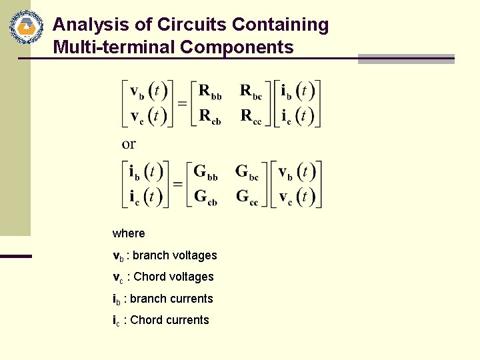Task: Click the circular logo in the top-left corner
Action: (x=26, y=27)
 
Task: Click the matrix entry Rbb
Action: (x=210, y=92)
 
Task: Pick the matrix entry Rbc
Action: (x=251, y=92)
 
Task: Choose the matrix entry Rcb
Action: (x=210, y=117)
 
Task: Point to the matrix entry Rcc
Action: (x=251, y=117)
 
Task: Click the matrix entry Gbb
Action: (x=205, y=172)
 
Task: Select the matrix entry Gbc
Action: (x=247, y=172)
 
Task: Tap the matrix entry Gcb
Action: (x=205, y=197)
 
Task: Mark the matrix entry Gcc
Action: (x=247, y=197)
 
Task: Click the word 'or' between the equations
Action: (x=129, y=143)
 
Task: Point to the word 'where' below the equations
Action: (x=129, y=233)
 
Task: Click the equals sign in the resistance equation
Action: (x=182, y=104)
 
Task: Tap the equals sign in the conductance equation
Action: (x=178, y=184)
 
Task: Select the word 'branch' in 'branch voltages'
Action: (x=151, y=255)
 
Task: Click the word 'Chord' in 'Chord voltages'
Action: (x=149, y=277)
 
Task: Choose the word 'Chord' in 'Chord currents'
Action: (x=146, y=320)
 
